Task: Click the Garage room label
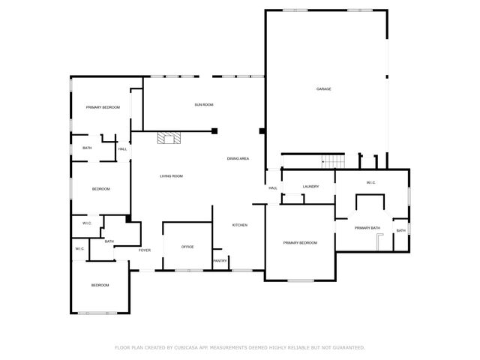click(323, 88)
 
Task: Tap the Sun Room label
click(204, 104)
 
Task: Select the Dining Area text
click(238, 158)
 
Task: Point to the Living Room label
click(171, 176)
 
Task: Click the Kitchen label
click(239, 225)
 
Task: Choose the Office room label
click(187, 247)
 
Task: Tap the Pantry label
click(220, 261)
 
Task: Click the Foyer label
click(144, 250)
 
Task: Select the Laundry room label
click(311, 187)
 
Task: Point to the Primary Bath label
click(367, 228)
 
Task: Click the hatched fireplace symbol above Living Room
click(169, 137)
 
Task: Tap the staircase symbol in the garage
click(332, 161)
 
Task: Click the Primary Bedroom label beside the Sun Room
click(102, 108)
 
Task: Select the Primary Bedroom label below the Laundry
click(299, 243)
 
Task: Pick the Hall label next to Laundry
click(273, 187)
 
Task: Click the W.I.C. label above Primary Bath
click(370, 183)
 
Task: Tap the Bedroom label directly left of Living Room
click(101, 188)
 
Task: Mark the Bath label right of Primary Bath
click(400, 230)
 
